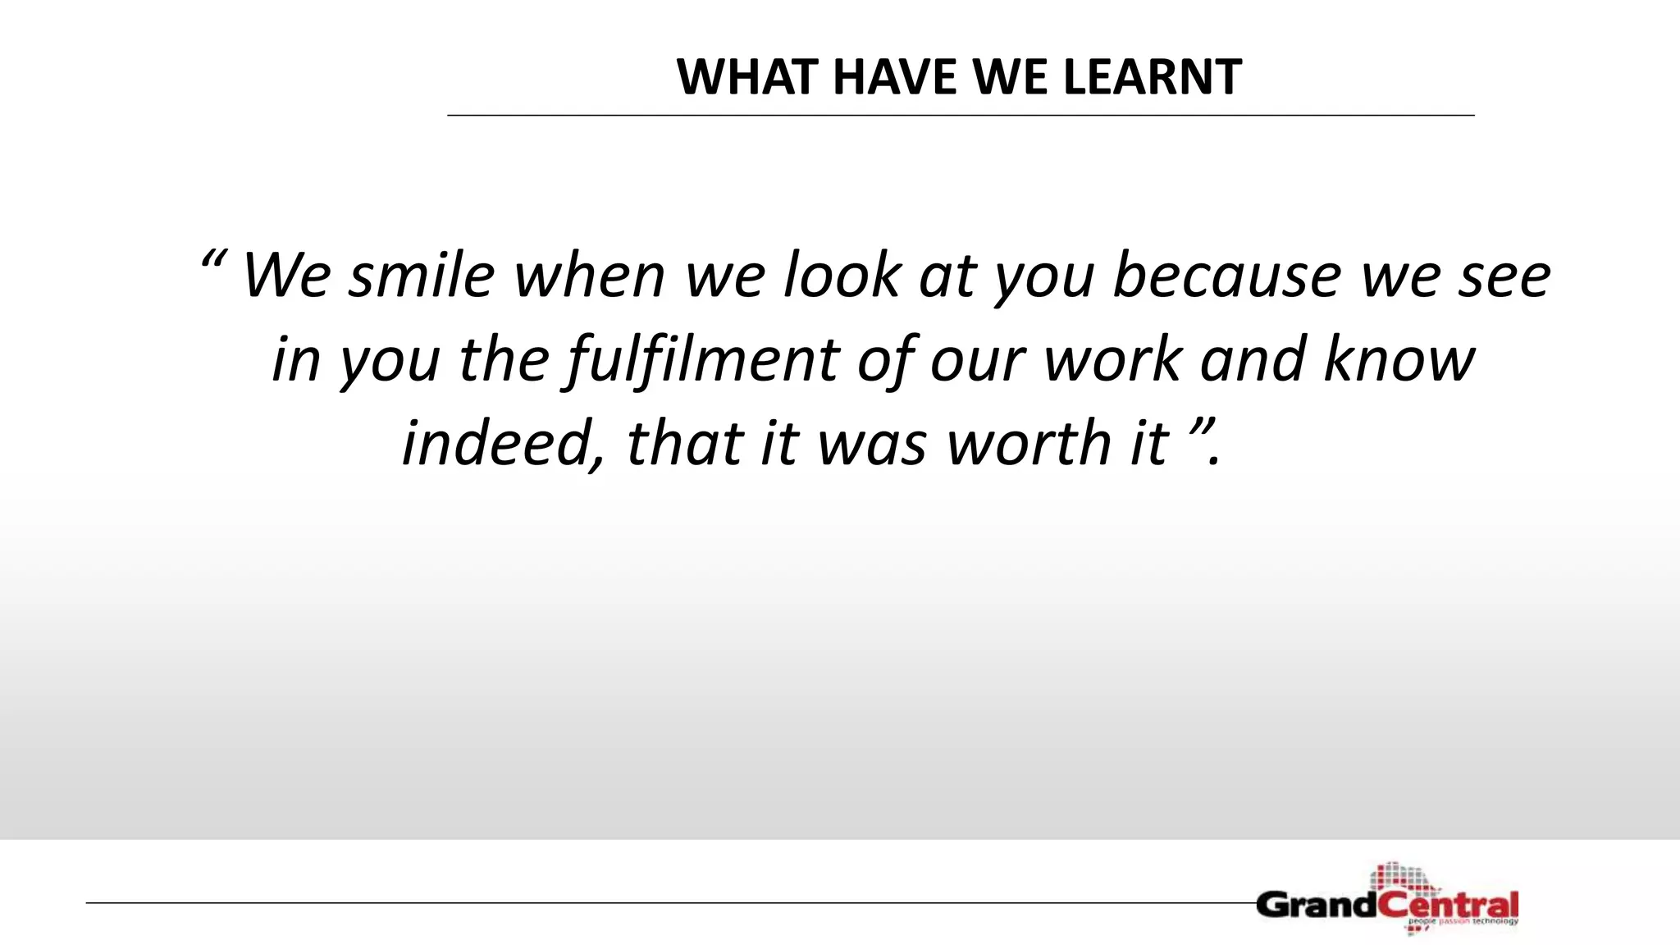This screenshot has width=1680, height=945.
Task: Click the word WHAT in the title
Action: [x=747, y=78]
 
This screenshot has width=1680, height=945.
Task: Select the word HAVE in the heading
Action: [x=895, y=78]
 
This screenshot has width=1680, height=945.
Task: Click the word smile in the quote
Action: [x=422, y=276]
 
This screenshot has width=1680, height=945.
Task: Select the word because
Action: [x=1226, y=276]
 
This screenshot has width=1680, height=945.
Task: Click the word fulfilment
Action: [x=701, y=361]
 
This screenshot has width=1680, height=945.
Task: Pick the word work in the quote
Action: [x=1112, y=361]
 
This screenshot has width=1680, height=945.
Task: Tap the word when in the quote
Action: [x=589, y=276]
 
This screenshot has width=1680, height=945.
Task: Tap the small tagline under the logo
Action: [x=1463, y=922]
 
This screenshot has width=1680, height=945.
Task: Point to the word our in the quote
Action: [x=977, y=361]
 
